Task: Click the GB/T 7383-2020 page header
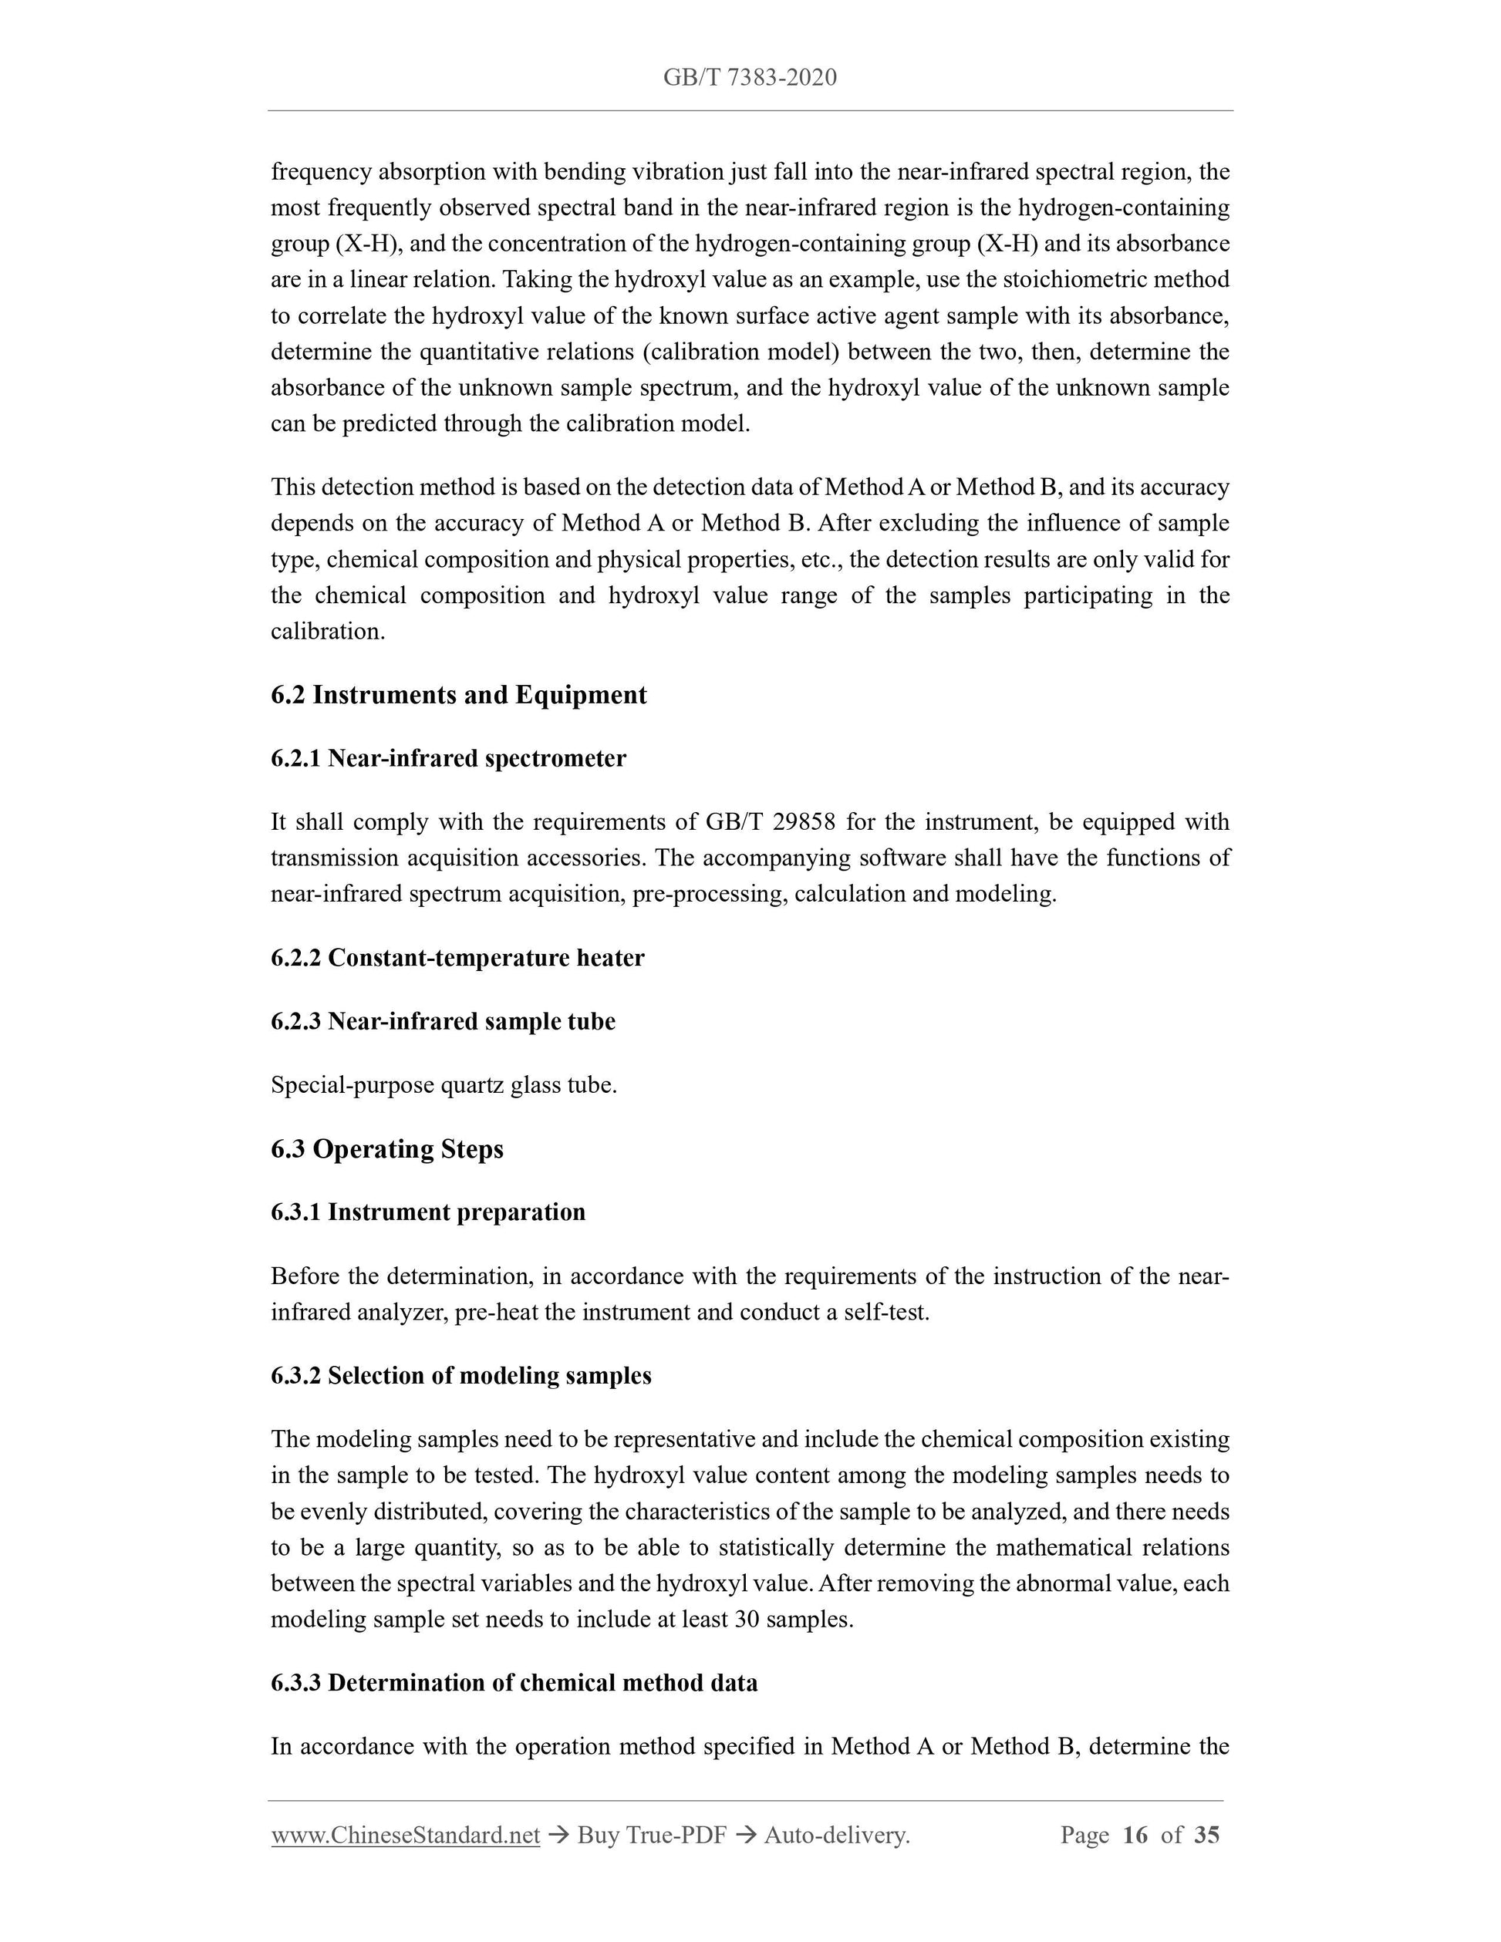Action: click(x=750, y=77)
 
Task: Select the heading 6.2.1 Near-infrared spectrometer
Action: click(x=448, y=758)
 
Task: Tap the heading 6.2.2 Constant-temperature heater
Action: click(x=457, y=958)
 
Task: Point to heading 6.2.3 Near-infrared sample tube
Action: click(x=443, y=1021)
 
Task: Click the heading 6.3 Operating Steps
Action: click(x=386, y=1149)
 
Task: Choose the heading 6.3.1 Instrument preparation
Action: click(x=428, y=1212)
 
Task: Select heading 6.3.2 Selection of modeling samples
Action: click(x=460, y=1376)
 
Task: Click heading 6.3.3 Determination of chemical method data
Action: click(x=514, y=1682)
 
